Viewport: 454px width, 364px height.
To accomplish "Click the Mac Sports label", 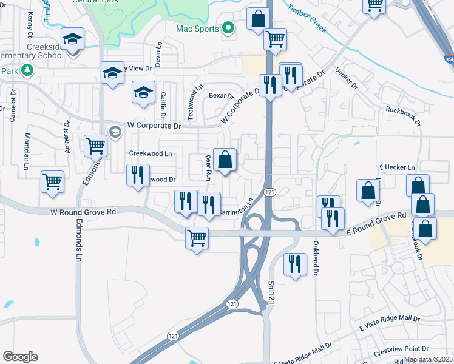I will coord(197,28).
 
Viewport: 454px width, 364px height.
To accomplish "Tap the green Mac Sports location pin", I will coord(228,27).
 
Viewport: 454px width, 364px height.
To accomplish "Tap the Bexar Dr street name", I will coord(221,96).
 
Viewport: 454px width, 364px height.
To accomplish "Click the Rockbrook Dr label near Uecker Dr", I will coord(404,116).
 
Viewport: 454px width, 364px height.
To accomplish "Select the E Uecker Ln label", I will coord(397,167).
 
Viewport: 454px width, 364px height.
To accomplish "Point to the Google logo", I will coord(20,357).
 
